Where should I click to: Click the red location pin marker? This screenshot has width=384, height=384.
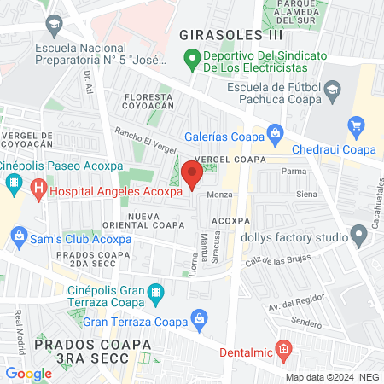click(192, 175)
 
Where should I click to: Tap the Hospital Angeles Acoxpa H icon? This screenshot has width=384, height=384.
click(38, 189)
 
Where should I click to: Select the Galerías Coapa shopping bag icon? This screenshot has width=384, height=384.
click(275, 133)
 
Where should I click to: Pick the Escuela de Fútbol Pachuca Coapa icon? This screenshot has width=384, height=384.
click(330, 90)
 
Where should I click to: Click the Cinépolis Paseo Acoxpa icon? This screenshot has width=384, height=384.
click(14, 183)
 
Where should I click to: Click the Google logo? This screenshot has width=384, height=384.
click(28, 373)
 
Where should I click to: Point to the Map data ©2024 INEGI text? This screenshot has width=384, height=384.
click(332, 377)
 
